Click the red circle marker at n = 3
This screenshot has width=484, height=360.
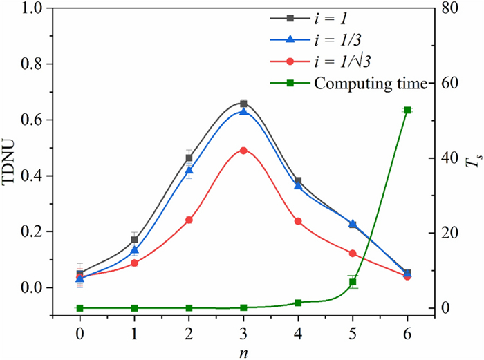243,150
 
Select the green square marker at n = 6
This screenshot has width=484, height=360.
407,110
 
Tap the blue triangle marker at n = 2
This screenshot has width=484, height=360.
189,170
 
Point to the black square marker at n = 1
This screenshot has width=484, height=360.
134,240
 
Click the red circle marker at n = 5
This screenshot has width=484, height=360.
353,254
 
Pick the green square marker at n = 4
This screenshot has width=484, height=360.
298,303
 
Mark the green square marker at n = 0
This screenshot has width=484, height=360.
80,307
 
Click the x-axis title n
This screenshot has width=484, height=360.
243,352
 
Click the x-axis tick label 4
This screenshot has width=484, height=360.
298,332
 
